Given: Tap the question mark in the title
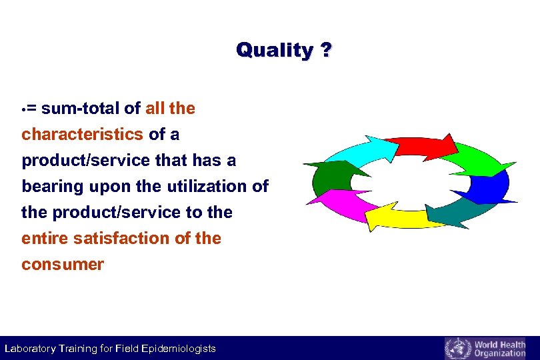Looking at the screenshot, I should (325, 50).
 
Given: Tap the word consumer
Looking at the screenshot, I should (63, 264).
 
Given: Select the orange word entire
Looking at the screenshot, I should (47, 238).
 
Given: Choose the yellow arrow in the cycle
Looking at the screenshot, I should (396, 215).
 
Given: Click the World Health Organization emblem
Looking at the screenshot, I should (457, 349).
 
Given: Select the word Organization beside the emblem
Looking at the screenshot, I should (499, 353).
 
